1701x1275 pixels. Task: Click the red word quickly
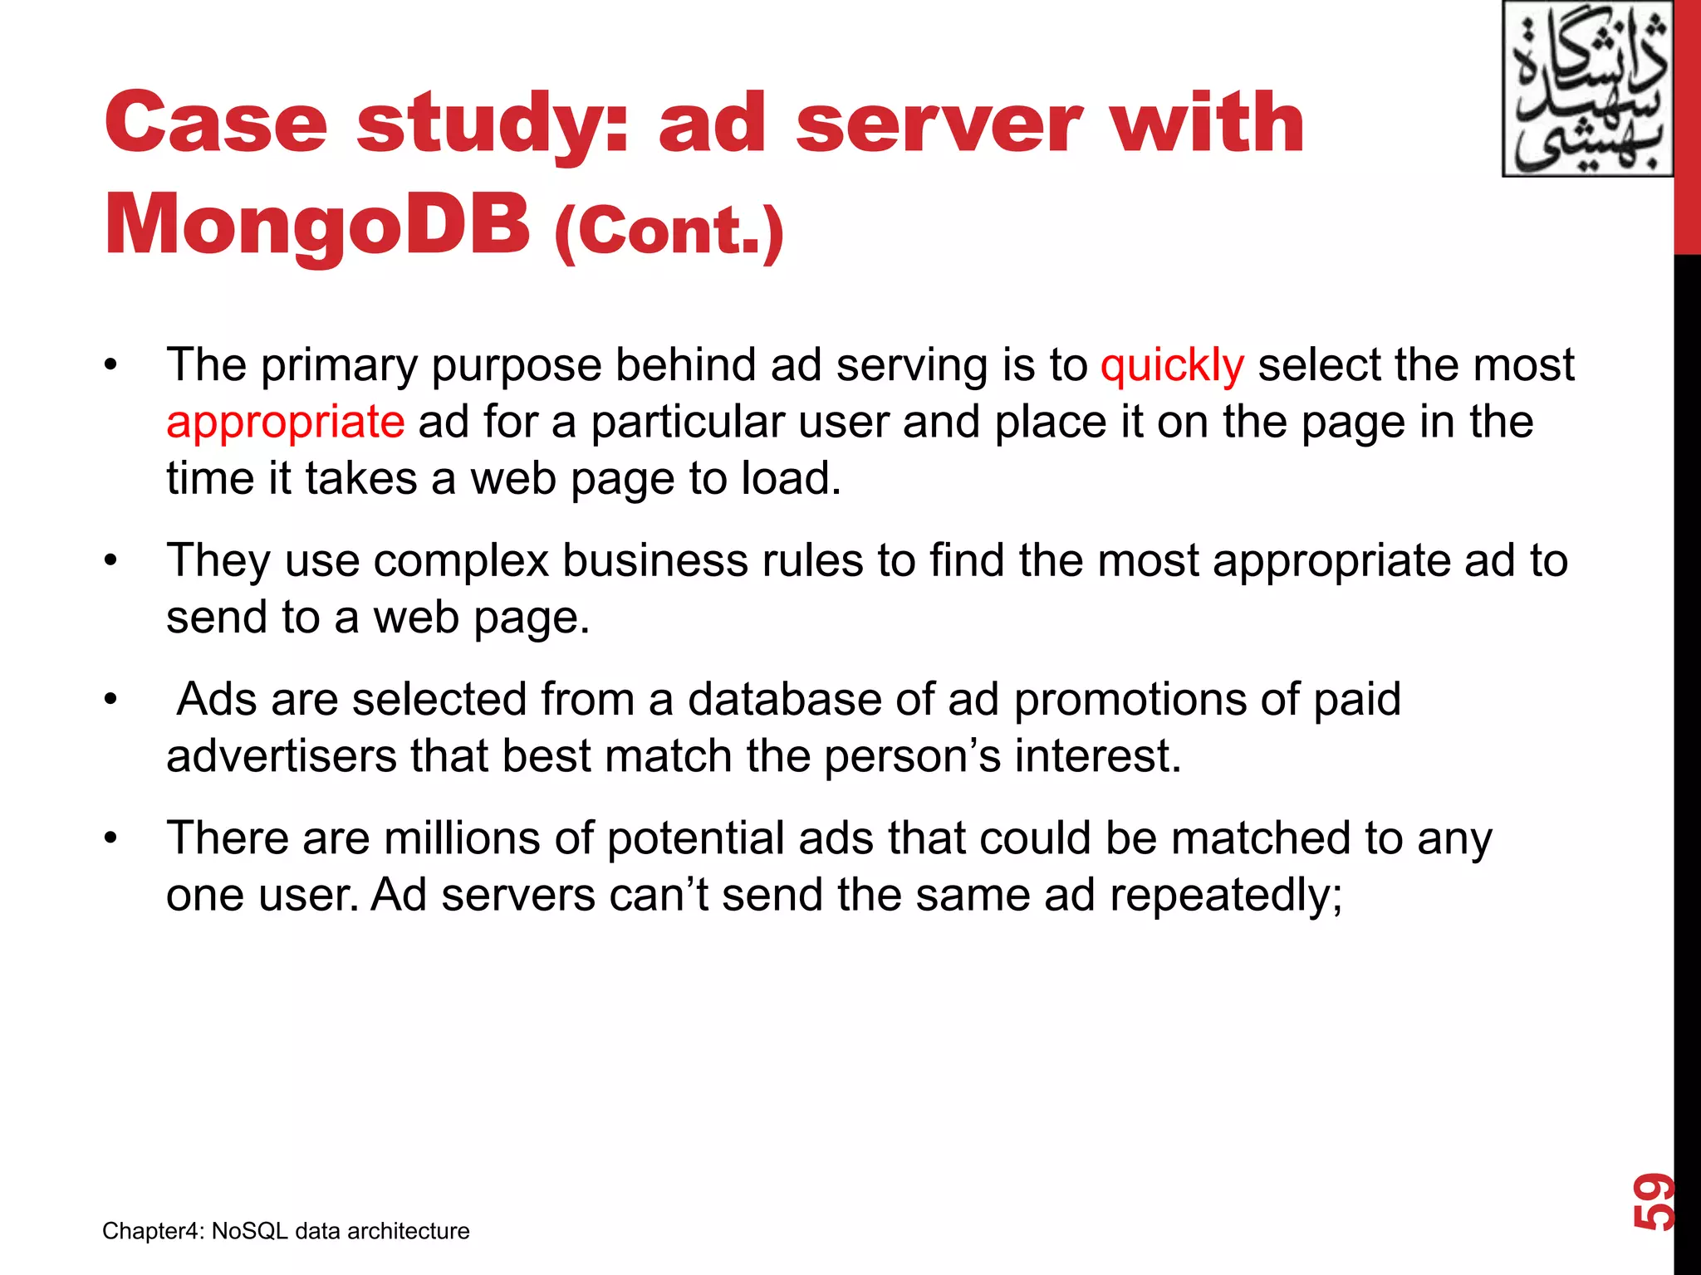coord(1172,365)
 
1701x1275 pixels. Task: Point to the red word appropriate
coord(285,422)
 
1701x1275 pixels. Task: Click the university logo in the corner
coord(1587,90)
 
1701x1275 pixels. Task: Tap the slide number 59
coord(1653,1201)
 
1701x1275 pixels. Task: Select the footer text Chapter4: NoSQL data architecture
coord(286,1230)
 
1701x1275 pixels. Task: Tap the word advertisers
coord(282,756)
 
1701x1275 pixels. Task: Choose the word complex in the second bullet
coord(461,561)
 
